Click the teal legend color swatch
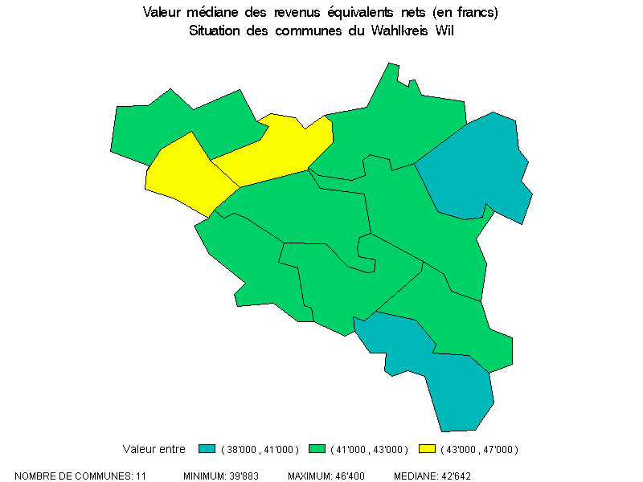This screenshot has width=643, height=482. [207, 448]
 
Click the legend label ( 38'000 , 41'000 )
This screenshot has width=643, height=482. [259, 449]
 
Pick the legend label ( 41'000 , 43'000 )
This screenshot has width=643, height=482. [370, 449]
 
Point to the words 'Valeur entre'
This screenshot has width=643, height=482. [154, 449]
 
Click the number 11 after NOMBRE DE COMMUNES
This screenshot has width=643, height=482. [141, 476]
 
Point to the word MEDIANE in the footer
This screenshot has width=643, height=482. [414, 476]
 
